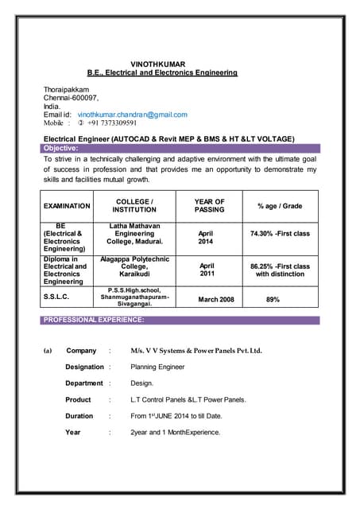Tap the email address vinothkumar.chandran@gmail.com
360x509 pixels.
pyautogui.click(x=132, y=115)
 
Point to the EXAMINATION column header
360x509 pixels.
pyautogui.click(x=67, y=206)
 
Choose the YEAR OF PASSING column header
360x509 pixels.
pyautogui.click(x=209, y=206)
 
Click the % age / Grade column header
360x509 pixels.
pyautogui.click(x=280, y=206)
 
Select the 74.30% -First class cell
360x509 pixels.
pyautogui.click(x=280, y=234)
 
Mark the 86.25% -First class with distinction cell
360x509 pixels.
pyautogui.click(x=280, y=270)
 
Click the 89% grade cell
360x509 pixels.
pyautogui.click(x=273, y=300)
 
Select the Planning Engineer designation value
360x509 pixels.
pyautogui.click(x=157, y=367)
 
